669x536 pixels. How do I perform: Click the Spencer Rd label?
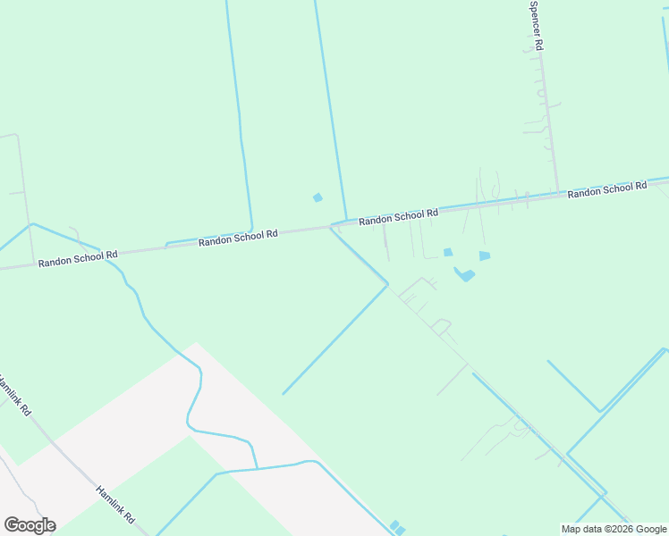pos(536,24)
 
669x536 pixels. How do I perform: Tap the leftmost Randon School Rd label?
pos(78,256)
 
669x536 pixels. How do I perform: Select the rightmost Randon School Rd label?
pos(606,189)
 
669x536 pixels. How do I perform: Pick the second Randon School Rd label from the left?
pos(238,237)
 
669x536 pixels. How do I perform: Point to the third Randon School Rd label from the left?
pos(398,215)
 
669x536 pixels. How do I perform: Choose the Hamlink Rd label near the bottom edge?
pos(114,505)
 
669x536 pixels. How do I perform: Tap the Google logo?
pos(30,525)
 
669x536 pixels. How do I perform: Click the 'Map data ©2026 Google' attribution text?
pos(614,529)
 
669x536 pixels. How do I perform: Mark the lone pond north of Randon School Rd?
pos(317,197)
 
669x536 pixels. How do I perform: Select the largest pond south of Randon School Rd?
pos(464,274)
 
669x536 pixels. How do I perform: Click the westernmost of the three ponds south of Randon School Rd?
pos(448,252)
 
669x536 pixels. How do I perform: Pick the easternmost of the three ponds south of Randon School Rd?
pos(485,255)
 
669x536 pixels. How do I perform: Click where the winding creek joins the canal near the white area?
pos(258,468)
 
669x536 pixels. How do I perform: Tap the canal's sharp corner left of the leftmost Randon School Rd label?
pos(31,223)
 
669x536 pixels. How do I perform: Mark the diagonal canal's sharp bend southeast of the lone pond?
pos(388,284)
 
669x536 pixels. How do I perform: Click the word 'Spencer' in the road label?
pos(535,17)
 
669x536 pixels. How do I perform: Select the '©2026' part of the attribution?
pos(616,529)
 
